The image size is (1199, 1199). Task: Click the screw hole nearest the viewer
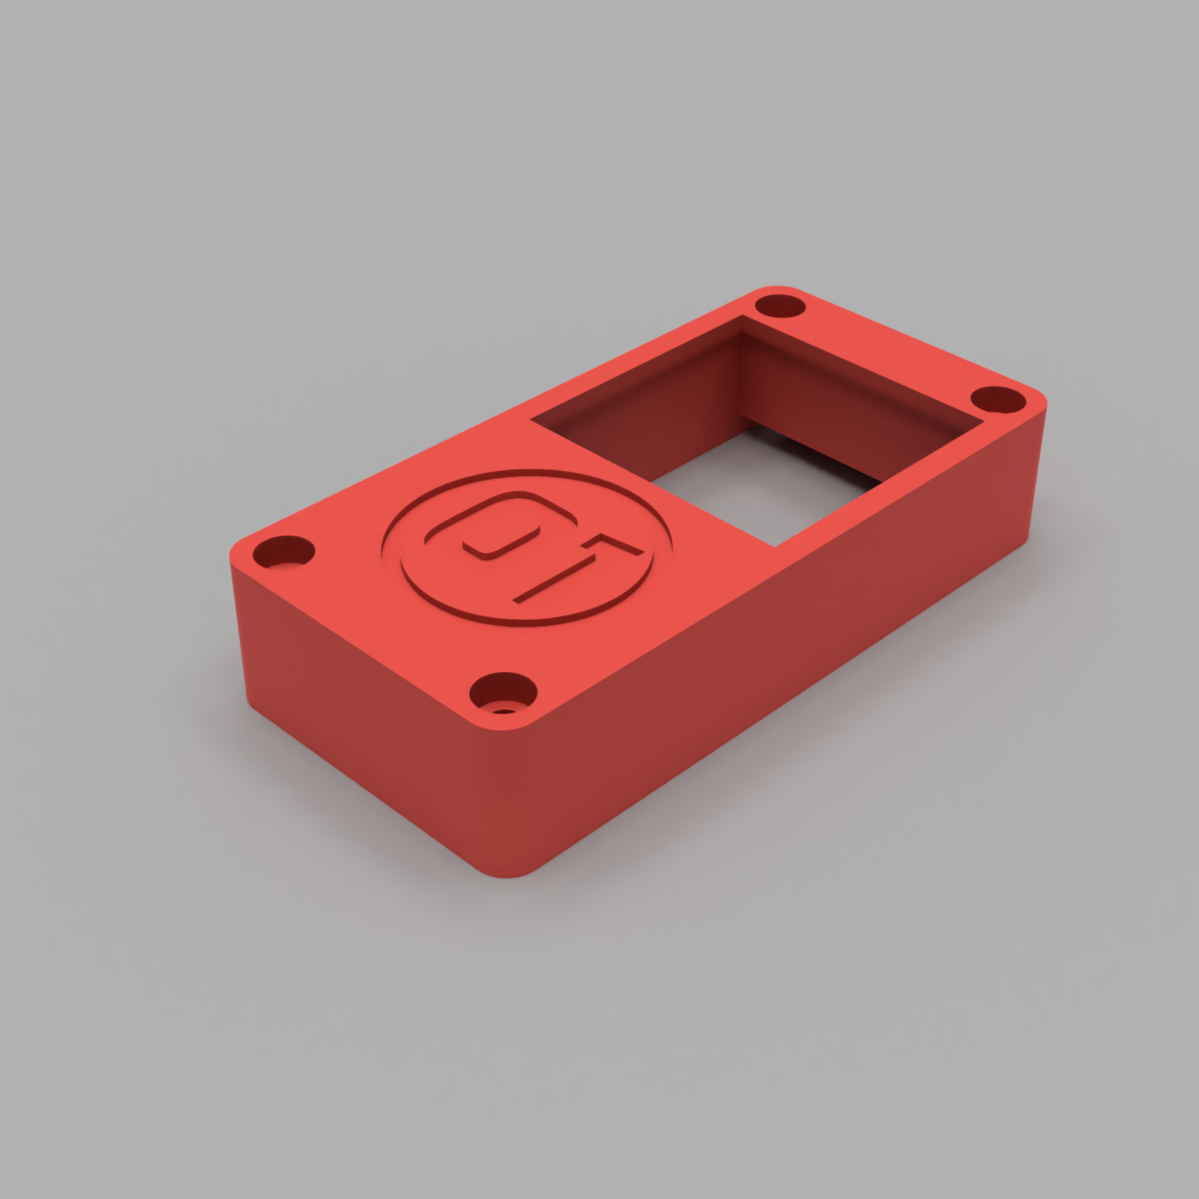point(504,693)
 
